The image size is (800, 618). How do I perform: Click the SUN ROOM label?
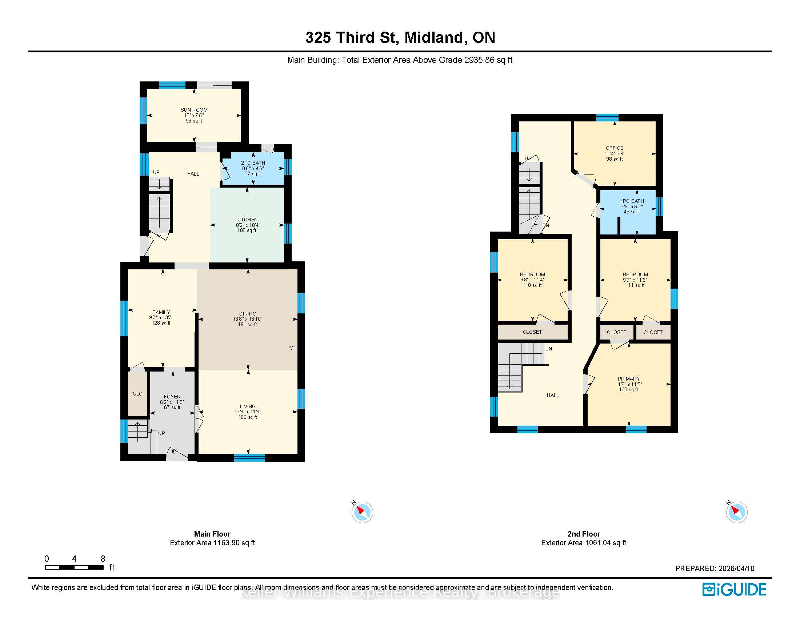pyautogui.click(x=194, y=110)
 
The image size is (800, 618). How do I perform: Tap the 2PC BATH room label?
pyautogui.click(x=253, y=163)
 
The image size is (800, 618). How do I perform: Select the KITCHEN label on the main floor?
pyautogui.click(x=247, y=220)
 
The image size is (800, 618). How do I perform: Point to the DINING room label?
pyautogui.click(x=248, y=314)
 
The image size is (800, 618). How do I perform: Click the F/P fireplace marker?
pyautogui.click(x=292, y=348)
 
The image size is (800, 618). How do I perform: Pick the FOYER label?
pyautogui.click(x=172, y=397)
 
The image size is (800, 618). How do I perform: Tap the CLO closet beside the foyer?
pyautogui.click(x=138, y=394)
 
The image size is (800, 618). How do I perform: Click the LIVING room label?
pyautogui.click(x=248, y=406)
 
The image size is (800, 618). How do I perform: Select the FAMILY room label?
pyautogui.click(x=161, y=312)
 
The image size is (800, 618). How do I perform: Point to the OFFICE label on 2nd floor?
pyautogui.click(x=615, y=148)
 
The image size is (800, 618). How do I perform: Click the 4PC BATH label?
pyautogui.click(x=632, y=201)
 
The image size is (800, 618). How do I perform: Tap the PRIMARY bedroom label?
pyautogui.click(x=629, y=379)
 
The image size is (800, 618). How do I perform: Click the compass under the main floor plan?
pyautogui.click(x=362, y=512)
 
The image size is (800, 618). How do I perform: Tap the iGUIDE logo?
pyautogui.click(x=734, y=589)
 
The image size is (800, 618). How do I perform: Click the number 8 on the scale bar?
pyautogui.click(x=103, y=559)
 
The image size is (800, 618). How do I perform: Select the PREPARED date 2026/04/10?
pyautogui.click(x=737, y=569)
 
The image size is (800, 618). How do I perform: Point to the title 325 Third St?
pyautogui.click(x=352, y=37)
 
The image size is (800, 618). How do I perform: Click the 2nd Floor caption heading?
pyautogui.click(x=584, y=534)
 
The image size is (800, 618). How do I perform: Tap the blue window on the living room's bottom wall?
pyautogui.click(x=249, y=458)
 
